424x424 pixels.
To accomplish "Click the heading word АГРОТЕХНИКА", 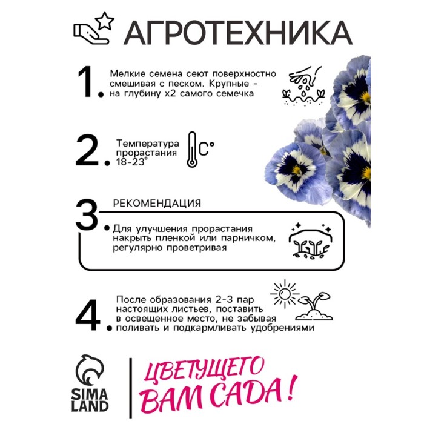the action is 238,33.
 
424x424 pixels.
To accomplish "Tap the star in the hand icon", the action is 105,21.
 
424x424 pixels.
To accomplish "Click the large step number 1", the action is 87,82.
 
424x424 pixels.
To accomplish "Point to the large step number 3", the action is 87,215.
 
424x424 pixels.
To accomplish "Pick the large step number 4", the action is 88,315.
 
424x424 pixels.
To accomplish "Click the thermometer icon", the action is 192,150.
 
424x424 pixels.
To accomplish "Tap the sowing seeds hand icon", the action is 303,85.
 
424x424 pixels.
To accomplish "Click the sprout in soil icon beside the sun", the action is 314,306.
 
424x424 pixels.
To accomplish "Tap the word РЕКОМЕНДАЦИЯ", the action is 157,204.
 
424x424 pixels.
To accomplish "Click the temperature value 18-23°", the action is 132,162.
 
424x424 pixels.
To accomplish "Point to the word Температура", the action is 148,143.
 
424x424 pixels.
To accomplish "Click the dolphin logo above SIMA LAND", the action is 90,369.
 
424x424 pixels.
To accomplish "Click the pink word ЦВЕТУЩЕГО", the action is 204,369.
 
